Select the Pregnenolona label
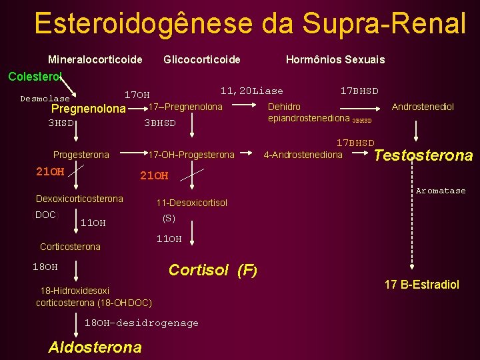click(88, 109)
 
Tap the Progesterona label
click(81, 155)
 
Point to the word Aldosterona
click(95, 347)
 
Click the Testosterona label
click(423, 155)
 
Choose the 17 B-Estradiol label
click(421, 285)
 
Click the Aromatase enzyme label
click(441, 191)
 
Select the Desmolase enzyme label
click(45, 99)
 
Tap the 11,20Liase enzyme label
click(251, 91)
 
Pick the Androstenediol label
click(423, 107)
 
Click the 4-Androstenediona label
click(303, 155)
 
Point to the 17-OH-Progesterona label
click(191, 155)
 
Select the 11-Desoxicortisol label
click(191, 203)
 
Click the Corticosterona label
click(70, 247)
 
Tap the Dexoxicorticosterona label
click(79, 199)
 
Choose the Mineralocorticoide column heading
click(95, 60)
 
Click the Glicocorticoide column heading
click(202, 60)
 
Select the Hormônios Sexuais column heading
click(335, 60)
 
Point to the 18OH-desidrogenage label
click(141, 323)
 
